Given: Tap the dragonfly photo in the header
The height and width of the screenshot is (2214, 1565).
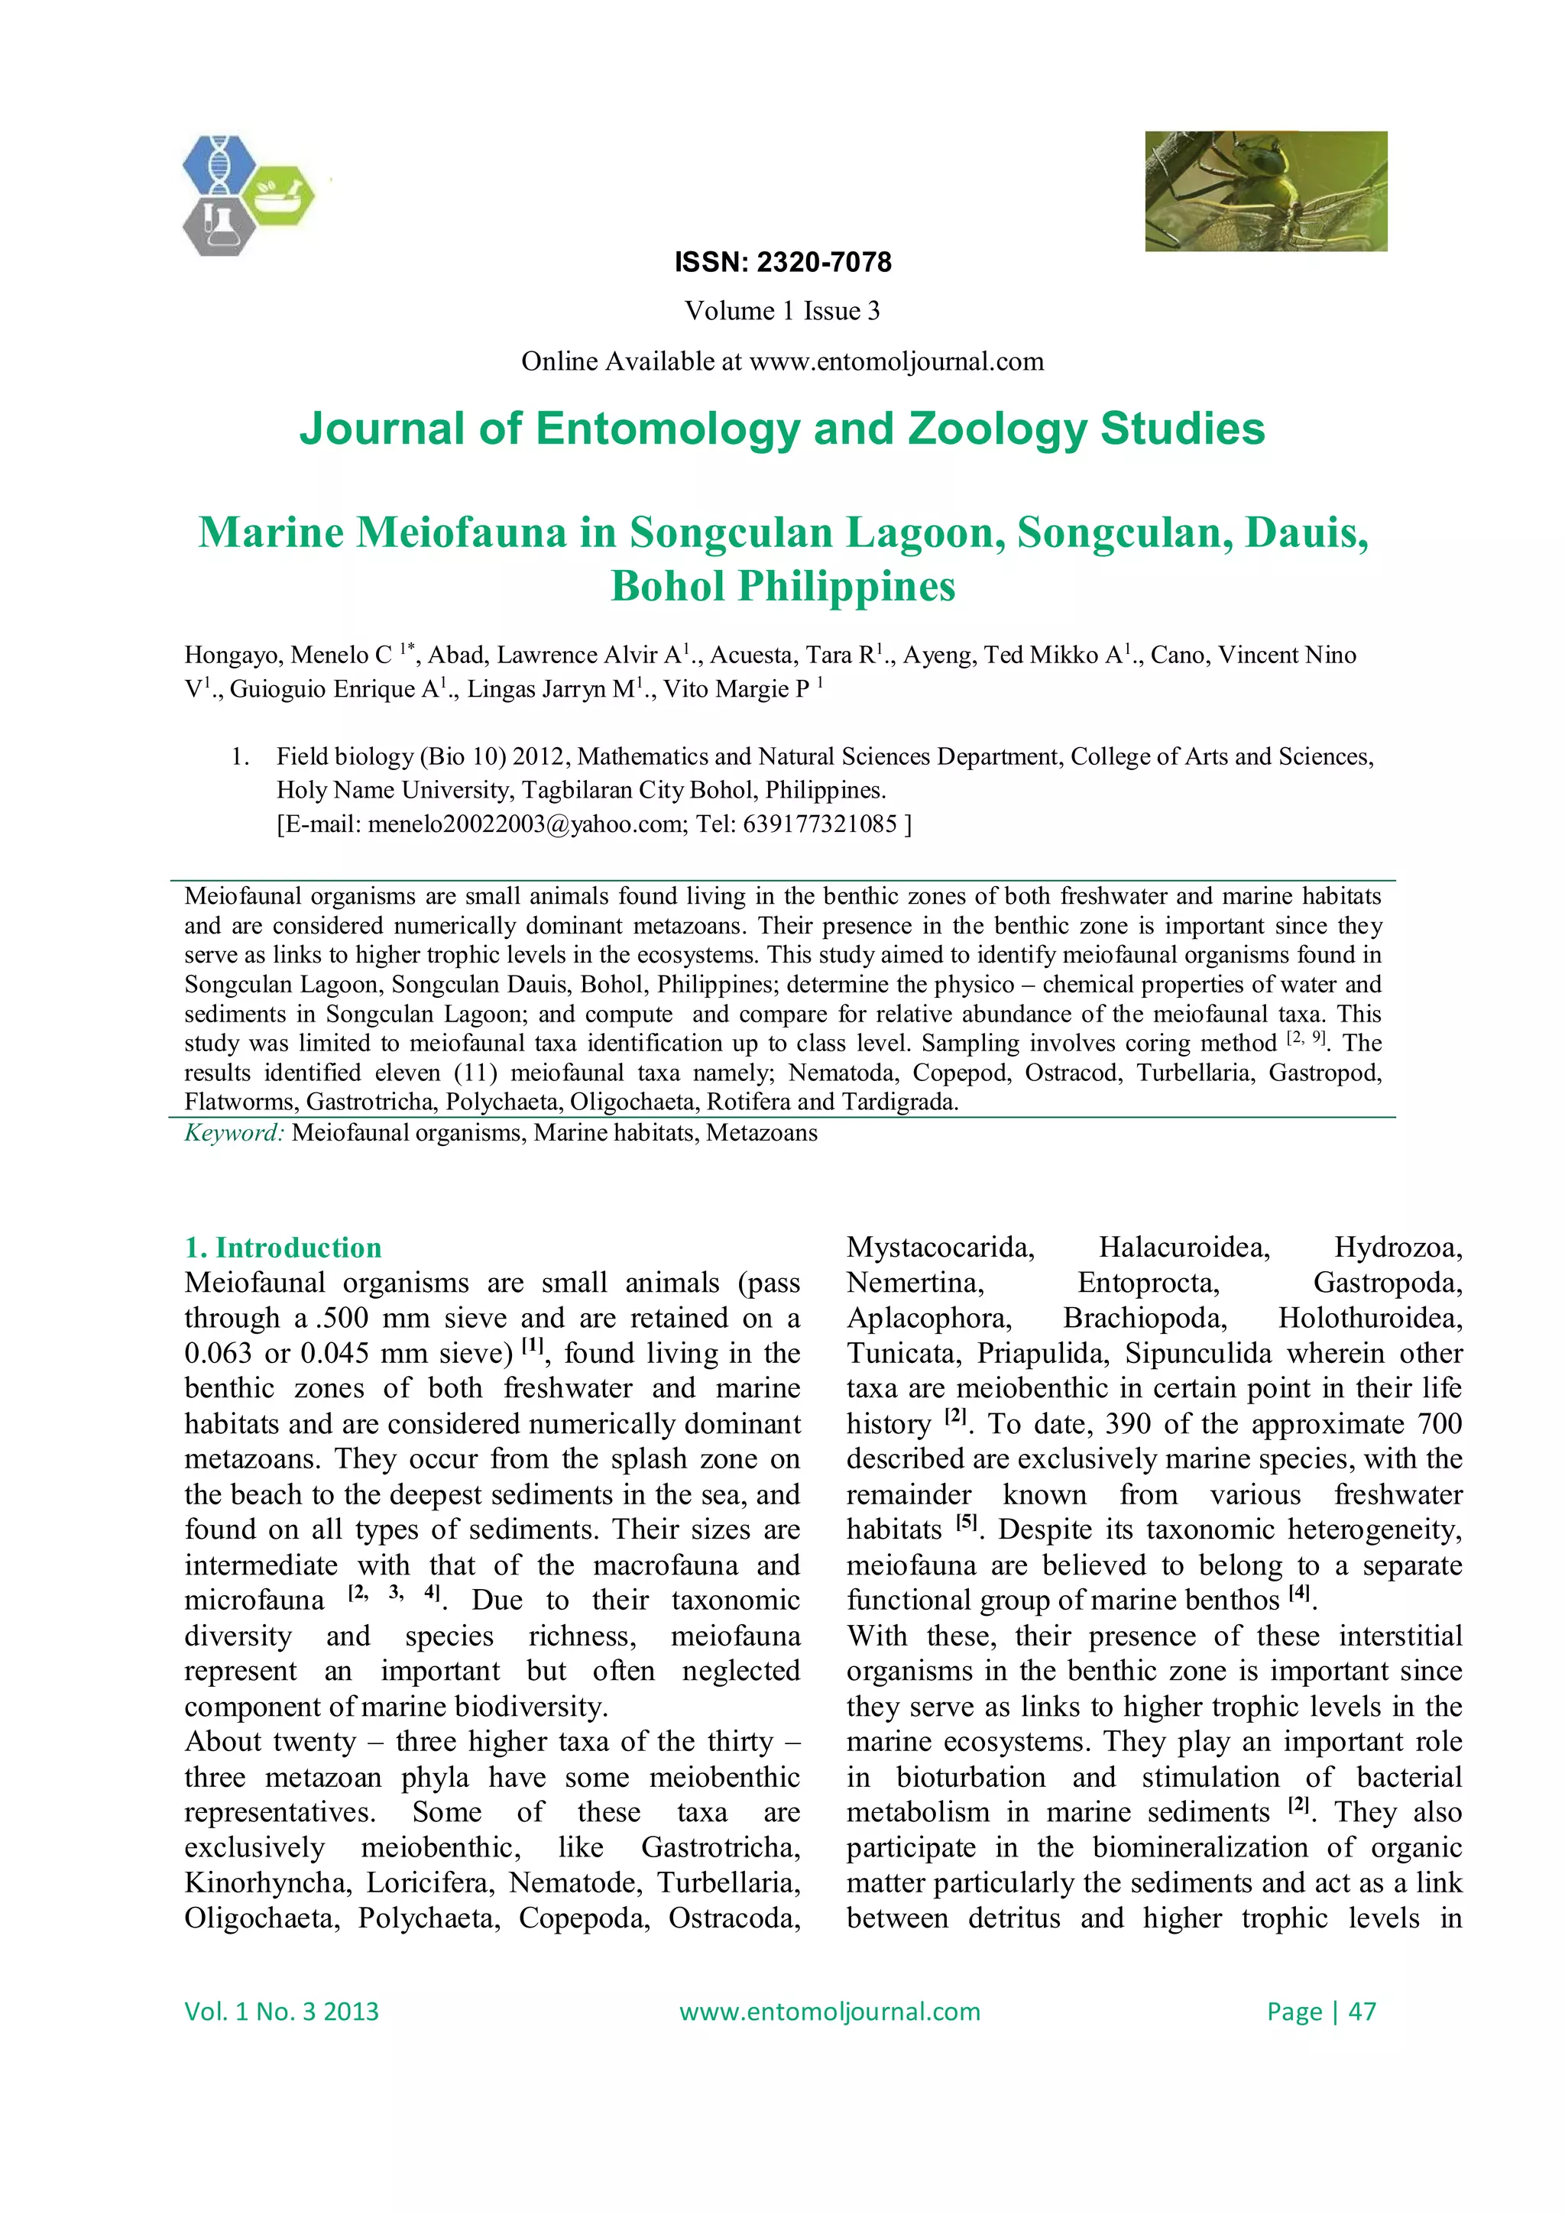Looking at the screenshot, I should tap(1265, 191).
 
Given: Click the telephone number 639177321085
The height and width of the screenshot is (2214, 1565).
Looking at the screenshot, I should tap(820, 824).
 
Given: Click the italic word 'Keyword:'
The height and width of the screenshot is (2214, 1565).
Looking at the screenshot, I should tap(235, 1133).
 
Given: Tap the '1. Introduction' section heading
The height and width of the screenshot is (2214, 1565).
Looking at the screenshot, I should tap(283, 1248).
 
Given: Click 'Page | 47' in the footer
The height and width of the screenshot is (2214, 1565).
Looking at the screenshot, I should tap(1321, 2012).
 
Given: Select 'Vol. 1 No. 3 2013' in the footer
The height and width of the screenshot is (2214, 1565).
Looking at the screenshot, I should tap(281, 2012).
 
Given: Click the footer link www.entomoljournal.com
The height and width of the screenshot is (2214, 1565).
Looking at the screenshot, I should tap(829, 2012).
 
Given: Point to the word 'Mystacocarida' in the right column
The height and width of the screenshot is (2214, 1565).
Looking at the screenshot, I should tap(940, 1248).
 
